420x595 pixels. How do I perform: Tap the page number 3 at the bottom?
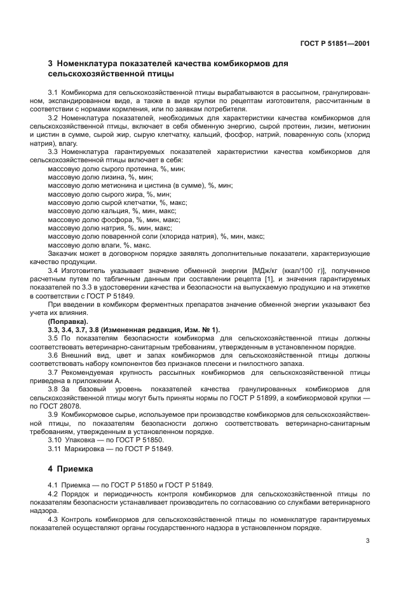click(x=368, y=542)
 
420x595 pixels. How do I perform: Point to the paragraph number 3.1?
click(x=53, y=93)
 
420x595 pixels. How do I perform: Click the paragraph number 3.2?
click(x=53, y=118)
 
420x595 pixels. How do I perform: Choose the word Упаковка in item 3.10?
click(x=79, y=440)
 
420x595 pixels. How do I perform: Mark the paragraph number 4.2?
click(x=53, y=493)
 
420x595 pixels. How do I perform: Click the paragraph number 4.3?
click(x=53, y=519)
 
